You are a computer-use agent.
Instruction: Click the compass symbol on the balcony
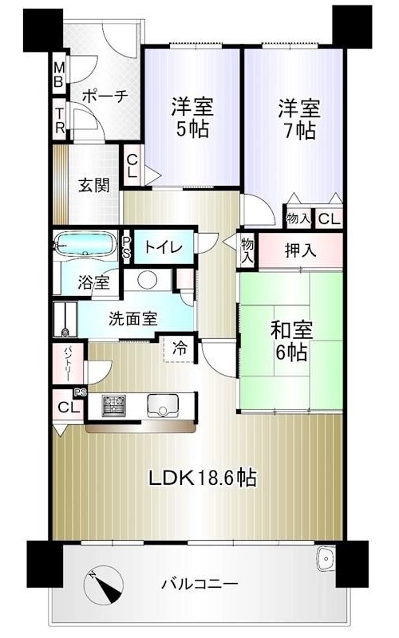tap(104, 585)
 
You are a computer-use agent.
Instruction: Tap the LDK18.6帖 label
tap(203, 477)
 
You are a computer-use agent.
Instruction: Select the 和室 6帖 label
tap(291, 341)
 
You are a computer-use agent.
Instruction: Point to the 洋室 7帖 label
tap(299, 119)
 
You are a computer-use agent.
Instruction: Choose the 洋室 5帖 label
tap(192, 117)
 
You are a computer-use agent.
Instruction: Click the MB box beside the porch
tap(59, 75)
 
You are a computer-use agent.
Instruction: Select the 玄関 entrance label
tap(94, 185)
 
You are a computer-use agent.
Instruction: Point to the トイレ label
tap(164, 247)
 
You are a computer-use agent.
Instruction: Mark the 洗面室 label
tap(132, 318)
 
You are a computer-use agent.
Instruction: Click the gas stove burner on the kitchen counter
tap(113, 406)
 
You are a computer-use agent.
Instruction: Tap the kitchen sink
tap(163, 406)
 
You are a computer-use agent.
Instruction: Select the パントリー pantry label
tap(68, 364)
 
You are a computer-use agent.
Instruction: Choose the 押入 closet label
tap(301, 250)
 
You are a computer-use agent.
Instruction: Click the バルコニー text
tap(200, 585)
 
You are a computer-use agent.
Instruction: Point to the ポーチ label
tap(105, 96)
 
